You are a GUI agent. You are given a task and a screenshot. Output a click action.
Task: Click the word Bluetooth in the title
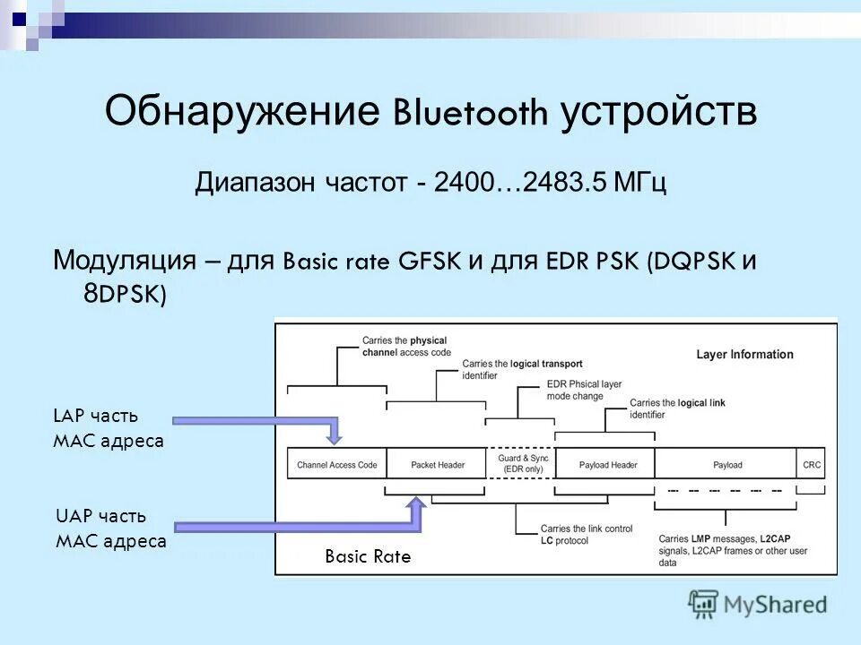470,114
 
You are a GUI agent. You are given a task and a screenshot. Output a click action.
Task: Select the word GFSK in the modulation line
430,262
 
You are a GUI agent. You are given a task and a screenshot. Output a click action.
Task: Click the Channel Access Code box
336,465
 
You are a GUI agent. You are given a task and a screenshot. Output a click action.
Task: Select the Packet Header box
437,465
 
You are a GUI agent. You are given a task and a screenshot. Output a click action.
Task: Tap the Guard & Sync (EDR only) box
520,463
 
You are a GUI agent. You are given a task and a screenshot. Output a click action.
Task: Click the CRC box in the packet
811,465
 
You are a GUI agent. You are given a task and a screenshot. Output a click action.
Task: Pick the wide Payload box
726,465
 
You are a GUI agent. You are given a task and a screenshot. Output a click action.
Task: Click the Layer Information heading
744,354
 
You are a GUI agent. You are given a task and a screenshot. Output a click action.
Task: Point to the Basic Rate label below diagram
367,556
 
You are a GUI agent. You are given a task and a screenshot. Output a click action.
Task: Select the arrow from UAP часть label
296,524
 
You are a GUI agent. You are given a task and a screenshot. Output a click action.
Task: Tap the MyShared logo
758,604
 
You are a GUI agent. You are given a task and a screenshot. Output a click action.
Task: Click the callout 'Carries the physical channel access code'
404,347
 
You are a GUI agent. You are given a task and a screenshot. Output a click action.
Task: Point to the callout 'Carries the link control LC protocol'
574,535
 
